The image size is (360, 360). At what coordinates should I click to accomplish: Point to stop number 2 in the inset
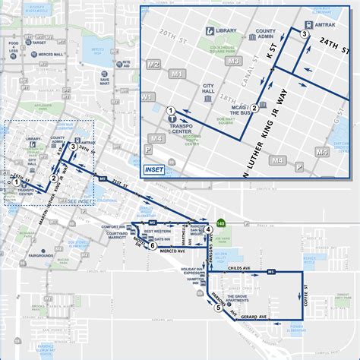click(x=255, y=109)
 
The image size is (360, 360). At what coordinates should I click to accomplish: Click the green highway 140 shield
click(x=221, y=223)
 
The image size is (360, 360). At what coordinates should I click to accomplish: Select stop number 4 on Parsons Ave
click(x=207, y=242)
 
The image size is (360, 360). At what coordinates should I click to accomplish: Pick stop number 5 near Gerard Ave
click(x=218, y=308)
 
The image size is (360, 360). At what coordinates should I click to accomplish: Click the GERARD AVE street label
click(x=254, y=315)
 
